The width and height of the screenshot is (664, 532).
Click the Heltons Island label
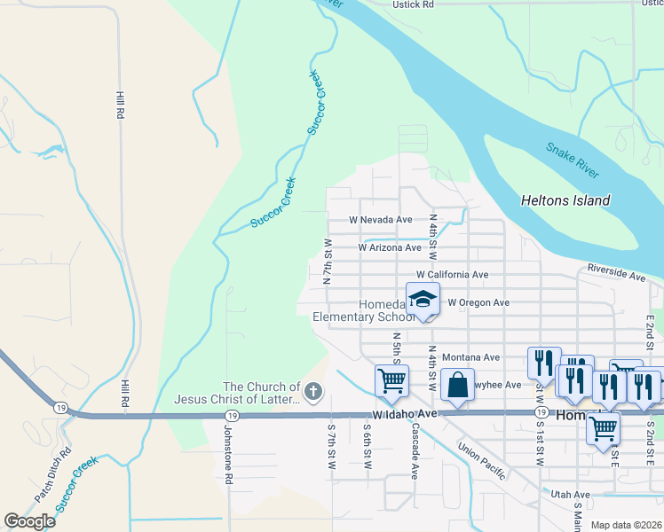(565, 200)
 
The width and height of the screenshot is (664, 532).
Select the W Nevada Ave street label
(380, 220)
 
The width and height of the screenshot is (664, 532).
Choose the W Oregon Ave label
(478, 302)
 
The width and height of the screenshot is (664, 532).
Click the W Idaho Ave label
(406, 414)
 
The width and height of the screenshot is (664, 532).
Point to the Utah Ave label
(570, 495)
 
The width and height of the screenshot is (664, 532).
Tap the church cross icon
(312, 391)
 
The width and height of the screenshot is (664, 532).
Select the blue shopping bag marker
(457, 385)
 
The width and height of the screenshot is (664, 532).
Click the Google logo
(29, 521)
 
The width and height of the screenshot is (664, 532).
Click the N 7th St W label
(328, 260)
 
